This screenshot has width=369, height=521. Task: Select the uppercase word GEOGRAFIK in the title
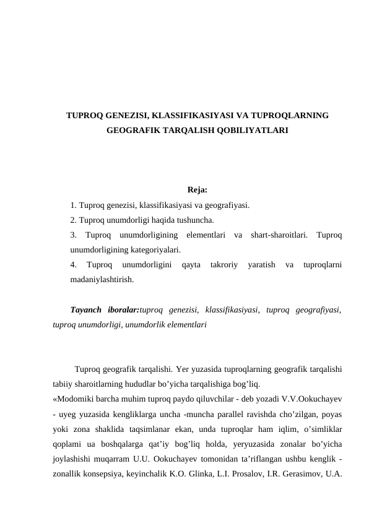pyautogui.click(x=131, y=131)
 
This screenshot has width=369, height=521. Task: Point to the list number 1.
pyautogui.click(x=74, y=205)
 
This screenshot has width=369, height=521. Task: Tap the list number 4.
pyautogui.click(x=74, y=265)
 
